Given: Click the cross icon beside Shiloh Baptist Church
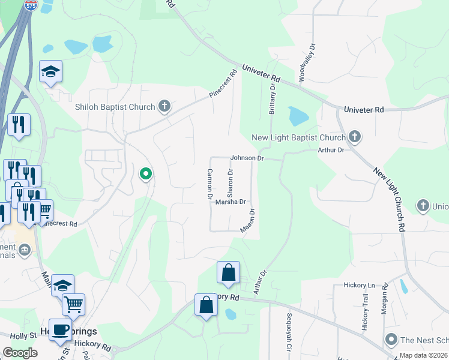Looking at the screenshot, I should pos(164,107).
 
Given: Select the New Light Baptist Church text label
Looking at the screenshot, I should pos(298,137).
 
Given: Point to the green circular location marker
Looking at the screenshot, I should pos(145,174).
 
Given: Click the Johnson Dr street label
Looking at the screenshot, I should pos(247,158).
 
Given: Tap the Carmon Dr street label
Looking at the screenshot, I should pos(210,184).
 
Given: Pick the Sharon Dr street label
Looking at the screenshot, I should pos(230,183).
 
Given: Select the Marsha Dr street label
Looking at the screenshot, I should pos(231,202).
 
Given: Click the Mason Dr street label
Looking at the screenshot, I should pos(248,220).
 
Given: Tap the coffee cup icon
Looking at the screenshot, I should pos(60,329).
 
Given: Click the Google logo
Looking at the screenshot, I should pos(20,353).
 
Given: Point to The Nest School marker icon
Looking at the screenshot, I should pos(392,340).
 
